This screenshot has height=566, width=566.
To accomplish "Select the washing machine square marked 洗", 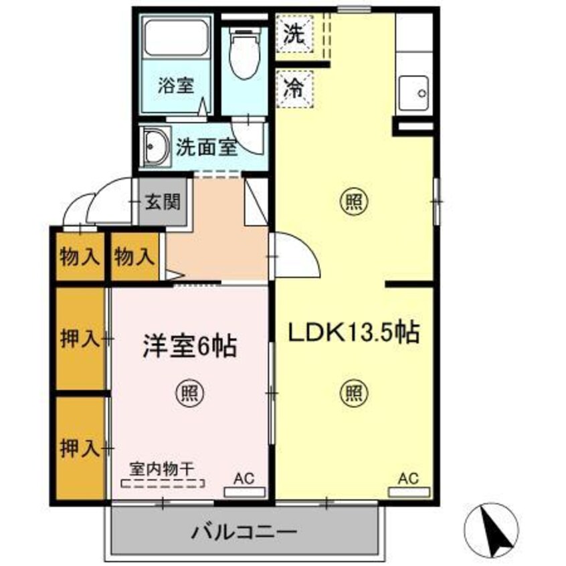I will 294,33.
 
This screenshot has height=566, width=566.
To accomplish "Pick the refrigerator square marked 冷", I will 294,88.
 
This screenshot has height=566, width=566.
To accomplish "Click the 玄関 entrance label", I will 163,200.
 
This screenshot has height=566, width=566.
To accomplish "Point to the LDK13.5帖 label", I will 353,332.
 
